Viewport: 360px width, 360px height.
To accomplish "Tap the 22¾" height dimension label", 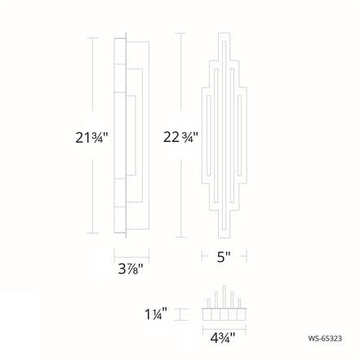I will click(180, 136).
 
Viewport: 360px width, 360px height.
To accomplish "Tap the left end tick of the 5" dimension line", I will click(202, 255).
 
